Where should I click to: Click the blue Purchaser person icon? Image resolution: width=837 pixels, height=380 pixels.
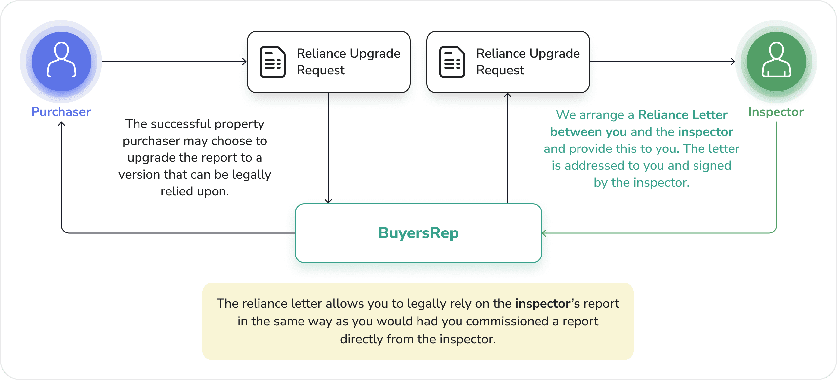[x=61, y=61]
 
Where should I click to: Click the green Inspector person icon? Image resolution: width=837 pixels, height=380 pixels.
[x=776, y=61]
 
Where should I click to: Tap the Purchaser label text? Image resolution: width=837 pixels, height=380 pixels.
[x=61, y=112]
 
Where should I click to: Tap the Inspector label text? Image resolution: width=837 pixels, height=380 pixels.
[x=776, y=112]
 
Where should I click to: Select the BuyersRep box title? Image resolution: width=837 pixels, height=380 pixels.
[x=418, y=233]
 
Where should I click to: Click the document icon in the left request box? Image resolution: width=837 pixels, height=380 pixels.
[x=272, y=62]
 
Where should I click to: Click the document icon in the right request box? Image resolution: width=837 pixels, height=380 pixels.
[x=452, y=62]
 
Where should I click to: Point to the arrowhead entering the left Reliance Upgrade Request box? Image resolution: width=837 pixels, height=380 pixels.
[x=245, y=62]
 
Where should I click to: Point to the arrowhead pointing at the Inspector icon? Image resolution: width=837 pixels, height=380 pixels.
[x=733, y=62]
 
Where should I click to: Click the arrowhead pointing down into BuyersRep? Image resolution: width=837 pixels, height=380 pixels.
[x=328, y=201]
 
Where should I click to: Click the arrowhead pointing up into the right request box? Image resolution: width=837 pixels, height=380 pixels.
[x=508, y=96]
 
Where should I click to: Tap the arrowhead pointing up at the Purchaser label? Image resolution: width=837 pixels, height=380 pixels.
[x=61, y=124]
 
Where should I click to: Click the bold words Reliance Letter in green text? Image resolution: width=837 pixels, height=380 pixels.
[x=683, y=115]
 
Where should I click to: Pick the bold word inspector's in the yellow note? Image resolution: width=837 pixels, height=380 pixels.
[x=547, y=303]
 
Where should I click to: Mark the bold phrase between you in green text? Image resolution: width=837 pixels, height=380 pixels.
[x=588, y=132]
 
